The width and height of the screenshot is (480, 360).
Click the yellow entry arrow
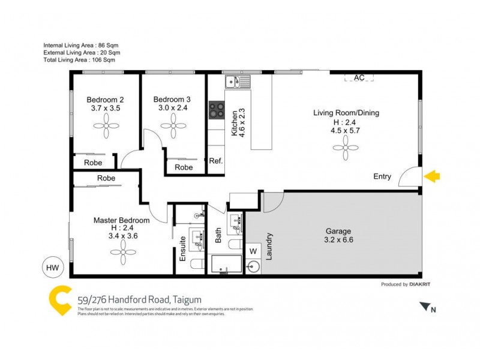pos(432,176)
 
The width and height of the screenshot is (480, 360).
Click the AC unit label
pos(359,78)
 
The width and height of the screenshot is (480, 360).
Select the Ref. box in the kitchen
pos(216,161)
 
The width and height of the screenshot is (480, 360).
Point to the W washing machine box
pos(253,251)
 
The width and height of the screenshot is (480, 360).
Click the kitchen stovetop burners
pos(216,110)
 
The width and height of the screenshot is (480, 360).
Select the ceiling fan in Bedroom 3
pos(172,126)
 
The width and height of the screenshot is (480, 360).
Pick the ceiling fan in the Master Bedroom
pos(124,253)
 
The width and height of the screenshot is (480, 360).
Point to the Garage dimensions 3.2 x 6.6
pos(338,240)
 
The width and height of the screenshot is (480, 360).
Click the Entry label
pos(382,176)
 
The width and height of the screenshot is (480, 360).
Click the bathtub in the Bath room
pos(226,265)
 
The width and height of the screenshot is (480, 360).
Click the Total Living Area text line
pos(79,60)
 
